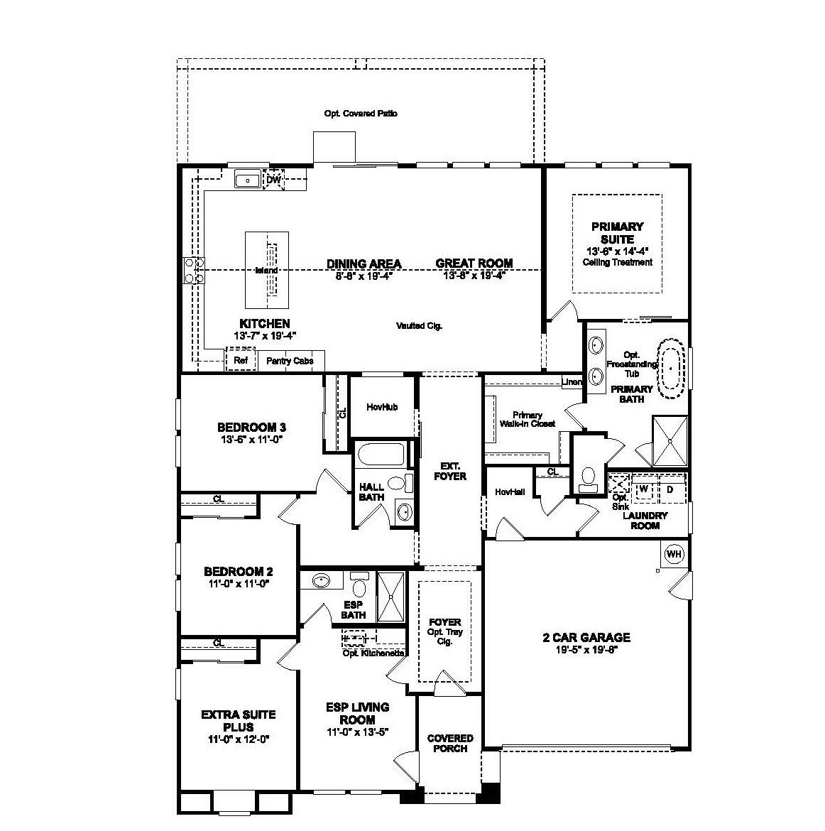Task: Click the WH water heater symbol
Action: click(x=673, y=553)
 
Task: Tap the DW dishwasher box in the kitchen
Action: click(x=273, y=180)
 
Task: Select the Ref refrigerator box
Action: click(x=241, y=361)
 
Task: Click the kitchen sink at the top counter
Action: click(x=248, y=180)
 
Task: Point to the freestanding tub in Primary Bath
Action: click(x=671, y=366)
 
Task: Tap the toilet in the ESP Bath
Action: click(x=359, y=587)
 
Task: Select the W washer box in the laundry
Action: click(x=643, y=489)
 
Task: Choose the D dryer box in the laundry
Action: click(x=670, y=489)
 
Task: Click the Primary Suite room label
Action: click(x=617, y=233)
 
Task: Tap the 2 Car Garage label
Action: click(x=586, y=638)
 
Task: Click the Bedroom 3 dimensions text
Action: click(x=251, y=440)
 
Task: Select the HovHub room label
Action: click(x=382, y=407)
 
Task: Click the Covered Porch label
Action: click(x=450, y=743)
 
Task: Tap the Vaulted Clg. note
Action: click(x=419, y=326)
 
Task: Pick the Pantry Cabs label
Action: click(x=290, y=361)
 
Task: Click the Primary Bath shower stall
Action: click(x=670, y=440)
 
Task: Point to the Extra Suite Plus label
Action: click(x=238, y=720)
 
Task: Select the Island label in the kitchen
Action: click(x=266, y=271)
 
